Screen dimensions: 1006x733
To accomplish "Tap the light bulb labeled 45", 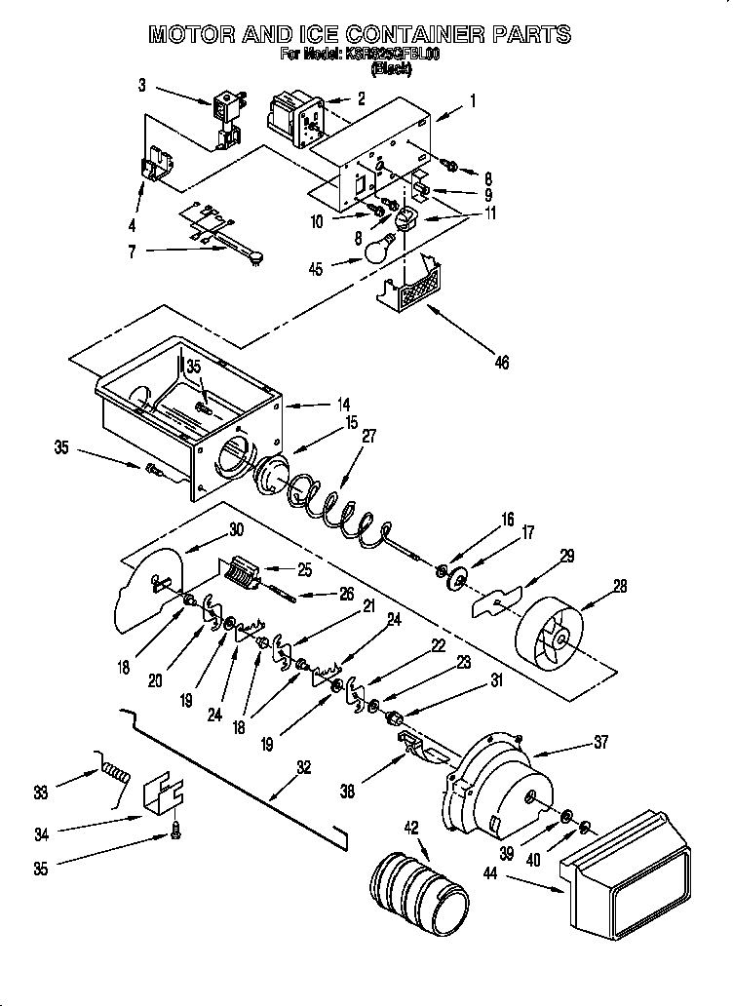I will pos(378,251).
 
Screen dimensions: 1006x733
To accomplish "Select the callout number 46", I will pos(501,363).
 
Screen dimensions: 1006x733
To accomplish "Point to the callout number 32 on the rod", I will pos(303,766).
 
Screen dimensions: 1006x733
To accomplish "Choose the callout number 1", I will pos(472,99).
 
